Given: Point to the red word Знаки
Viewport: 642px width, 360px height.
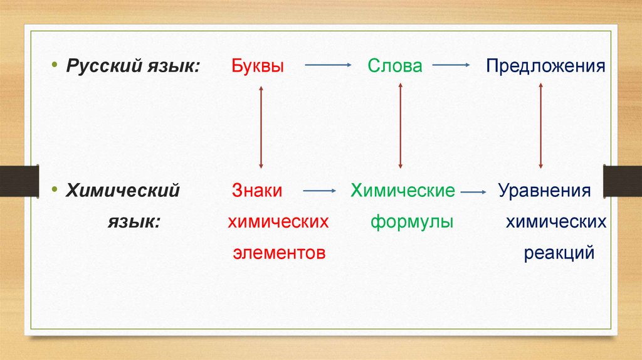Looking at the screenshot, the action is point(257,191).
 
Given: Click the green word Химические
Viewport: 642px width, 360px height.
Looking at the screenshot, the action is point(403,191).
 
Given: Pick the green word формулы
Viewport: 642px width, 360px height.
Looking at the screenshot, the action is point(411,221).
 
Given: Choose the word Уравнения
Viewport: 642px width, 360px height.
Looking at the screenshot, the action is point(544,191).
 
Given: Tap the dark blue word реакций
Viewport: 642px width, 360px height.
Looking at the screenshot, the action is point(559,253).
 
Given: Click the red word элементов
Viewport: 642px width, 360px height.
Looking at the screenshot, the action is point(279,253).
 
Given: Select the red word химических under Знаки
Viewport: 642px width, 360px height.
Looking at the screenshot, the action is point(278,221).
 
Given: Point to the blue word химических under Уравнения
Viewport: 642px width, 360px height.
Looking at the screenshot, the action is point(556,221).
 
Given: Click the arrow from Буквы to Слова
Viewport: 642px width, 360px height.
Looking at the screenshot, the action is point(327,65).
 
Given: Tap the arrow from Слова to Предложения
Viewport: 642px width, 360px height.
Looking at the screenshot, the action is point(451,65).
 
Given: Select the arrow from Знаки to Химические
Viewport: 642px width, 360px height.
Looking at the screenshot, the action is point(319,189).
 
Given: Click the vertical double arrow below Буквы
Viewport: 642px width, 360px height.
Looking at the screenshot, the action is point(261,127).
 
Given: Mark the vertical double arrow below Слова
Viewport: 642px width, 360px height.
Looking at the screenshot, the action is point(400,127).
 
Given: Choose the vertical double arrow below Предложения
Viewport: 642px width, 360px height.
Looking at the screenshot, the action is point(540,127).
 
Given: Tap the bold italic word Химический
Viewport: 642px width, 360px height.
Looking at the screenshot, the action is point(124,191).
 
